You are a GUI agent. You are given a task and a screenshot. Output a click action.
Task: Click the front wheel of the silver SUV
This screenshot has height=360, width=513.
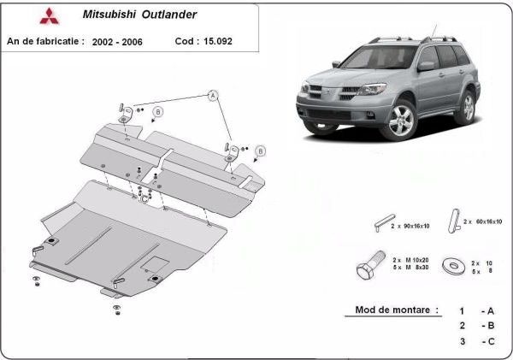click(401, 121)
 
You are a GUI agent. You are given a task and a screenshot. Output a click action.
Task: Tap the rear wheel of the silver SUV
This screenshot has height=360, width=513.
click(466, 107)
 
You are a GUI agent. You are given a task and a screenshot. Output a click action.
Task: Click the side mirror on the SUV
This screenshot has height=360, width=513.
click(425, 66)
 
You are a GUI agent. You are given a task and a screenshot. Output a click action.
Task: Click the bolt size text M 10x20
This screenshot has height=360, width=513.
click(411, 259)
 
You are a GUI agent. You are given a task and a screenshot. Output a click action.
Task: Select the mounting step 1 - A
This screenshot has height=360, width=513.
click(477, 310)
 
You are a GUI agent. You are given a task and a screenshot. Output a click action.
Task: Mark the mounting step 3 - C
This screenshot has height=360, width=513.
click(477, 341)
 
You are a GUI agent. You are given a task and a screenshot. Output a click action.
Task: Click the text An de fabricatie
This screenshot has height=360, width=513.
click(44, 40)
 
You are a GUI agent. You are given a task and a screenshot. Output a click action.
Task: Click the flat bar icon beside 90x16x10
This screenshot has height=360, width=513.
click(382, 223)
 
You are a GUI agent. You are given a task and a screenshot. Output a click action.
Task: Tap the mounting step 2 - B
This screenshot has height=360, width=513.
click(477, 326)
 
